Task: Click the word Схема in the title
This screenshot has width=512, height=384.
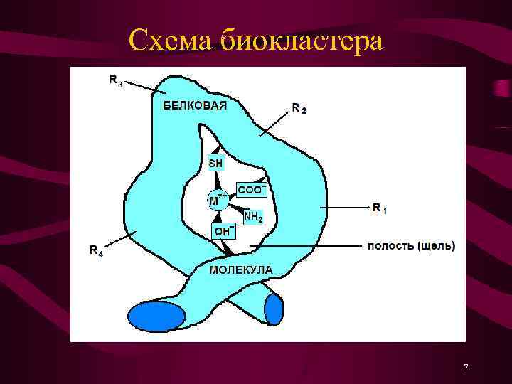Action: point(171,41)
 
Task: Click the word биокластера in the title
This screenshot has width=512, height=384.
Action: point(302,41)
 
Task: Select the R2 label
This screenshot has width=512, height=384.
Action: point(299,109)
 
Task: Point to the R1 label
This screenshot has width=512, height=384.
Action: point(380,208)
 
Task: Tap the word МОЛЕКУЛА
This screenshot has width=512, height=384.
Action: point(241,270)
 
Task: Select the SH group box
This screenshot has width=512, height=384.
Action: point(215,163)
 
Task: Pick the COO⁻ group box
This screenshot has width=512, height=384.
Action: point(252,190)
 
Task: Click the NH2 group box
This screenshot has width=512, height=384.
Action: point(253,216)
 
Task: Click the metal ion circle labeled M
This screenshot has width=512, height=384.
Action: point(216,200)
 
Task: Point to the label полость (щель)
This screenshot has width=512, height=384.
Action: point(411,246)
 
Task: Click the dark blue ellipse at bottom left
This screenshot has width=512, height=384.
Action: point(157,316)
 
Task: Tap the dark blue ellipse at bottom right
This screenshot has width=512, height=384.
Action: point(274,309)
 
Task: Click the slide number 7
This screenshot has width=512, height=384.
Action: point(466,368)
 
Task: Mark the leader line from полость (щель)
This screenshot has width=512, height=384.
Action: point(306,246)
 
